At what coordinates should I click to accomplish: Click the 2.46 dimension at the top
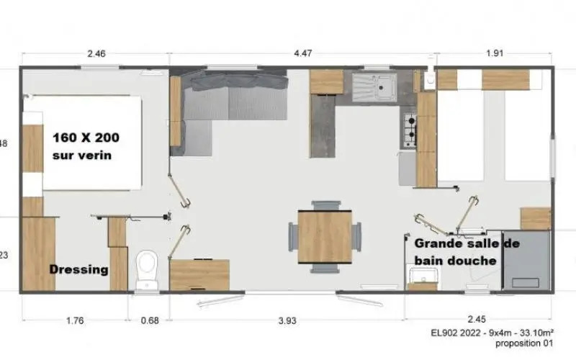pyautogui.click(x=96, y=53)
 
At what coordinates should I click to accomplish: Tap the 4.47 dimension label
pyautogui.click(x=302, y=53)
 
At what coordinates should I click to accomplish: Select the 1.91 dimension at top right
pyautogui.click(x=495, y=53)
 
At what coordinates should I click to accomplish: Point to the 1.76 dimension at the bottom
pyautogui.click(x=75, y=320)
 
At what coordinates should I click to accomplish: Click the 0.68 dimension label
pyautogui.click(x=150, y=320)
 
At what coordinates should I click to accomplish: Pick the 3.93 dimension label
pyautogui.click(x=287, y=320)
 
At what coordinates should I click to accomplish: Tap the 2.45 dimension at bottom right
pyautogui.click(x=477, y=319)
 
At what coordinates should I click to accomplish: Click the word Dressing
pyautogui.click(x=79, y=269)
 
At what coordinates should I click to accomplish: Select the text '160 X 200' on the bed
pyautogui.click(x=86, y=138)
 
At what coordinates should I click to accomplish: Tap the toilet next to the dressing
pyautogui.click(x=147, y=271)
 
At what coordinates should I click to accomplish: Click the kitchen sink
pyautogui.click(x=374, y=87)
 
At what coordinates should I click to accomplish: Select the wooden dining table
pyautogui.click(x=325, y=237)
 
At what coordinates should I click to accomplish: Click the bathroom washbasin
pyautogui.click(x=423, y=276)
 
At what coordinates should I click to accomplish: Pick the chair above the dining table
pyautogui.click(x=325, y=205)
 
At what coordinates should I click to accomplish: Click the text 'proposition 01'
pyautogui.click(x=524, y=343)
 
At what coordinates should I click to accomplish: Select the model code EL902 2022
pyautogui.click(x=456, y=333)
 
